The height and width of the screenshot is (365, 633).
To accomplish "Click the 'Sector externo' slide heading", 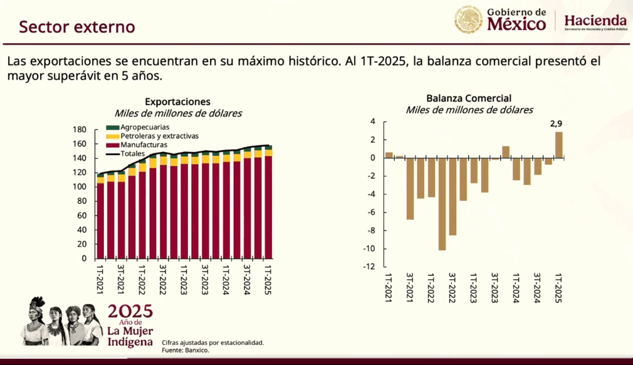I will coord(77,27).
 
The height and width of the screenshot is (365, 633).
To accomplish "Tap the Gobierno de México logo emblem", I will coord(469,20).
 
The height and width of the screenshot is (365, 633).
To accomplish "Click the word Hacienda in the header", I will coord(596,20).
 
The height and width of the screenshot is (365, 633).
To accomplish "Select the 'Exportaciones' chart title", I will coord(177,102).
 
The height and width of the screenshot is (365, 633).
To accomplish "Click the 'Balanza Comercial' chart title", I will coord(469,98).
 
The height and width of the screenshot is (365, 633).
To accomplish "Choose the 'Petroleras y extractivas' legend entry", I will coord(159,136).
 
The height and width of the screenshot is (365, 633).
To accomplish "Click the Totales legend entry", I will coord(132,153).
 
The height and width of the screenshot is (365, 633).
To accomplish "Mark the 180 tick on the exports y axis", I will coord(79,130).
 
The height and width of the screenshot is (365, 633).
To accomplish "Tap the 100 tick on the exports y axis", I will coord(79,187).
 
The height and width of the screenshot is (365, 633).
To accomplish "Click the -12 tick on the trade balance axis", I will coord(368,267).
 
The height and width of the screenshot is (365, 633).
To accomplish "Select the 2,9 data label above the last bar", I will coord(556,124).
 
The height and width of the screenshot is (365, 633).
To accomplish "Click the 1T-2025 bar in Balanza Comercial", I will coord(559,145).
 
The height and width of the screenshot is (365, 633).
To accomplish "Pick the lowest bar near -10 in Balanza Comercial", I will coord(442,204).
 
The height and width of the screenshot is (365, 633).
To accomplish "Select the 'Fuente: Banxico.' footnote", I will coord(185,351).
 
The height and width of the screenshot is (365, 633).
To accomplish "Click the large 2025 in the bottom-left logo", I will coord(130,311).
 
